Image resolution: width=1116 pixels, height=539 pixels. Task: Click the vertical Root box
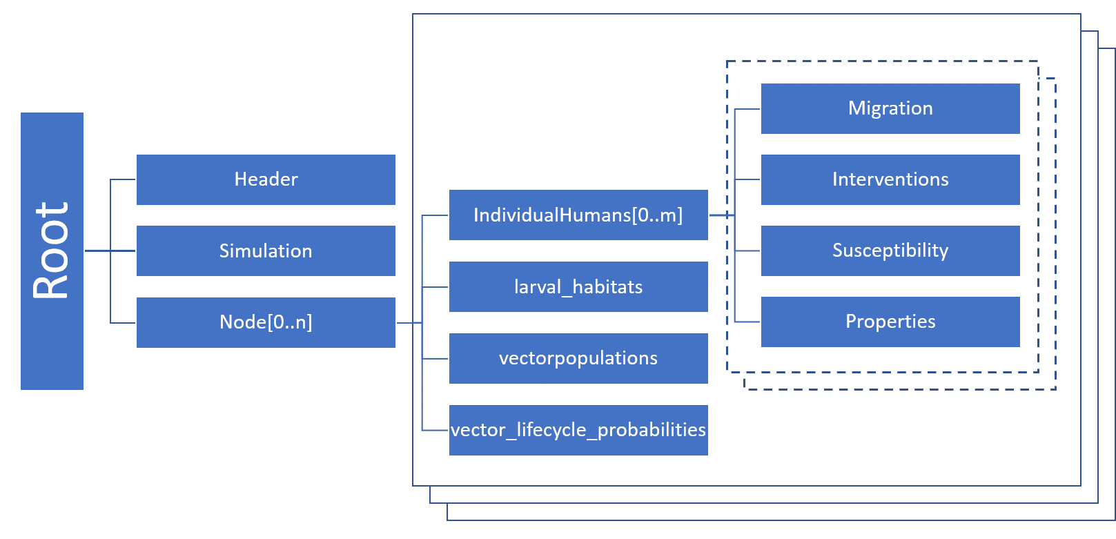pyautogui.click(x=52, y=251)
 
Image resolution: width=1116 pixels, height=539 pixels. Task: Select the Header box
pyautogui.click(x=266, y=179)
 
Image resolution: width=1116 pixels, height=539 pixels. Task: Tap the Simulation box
pyautogui.click(x=266, y=251)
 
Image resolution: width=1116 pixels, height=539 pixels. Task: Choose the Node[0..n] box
pyautogui.click(x=266, y=322)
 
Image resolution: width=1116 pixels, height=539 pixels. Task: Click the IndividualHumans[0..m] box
pyautogui.click(x=578, y=215)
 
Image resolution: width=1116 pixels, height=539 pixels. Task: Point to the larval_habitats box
pyautogui.click(x=578, y=287)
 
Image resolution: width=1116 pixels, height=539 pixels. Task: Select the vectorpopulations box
pyautogui.click(x=578, y=358)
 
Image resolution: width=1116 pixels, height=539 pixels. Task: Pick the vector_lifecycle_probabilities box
pyautogui.click(x=578, y=430)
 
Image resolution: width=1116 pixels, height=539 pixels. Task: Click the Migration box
pyautogui.click(x=890, y=108)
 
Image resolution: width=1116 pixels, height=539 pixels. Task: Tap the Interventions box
pyautogui.click(x=890, y=179)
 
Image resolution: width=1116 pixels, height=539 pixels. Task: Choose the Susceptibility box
pyautogui.click(x=890, y=251)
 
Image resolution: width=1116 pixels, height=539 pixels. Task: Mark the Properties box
pyautogui.click(x=890, y=322)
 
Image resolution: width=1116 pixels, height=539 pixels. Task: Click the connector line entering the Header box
pyautogui.click(x=123, y=179)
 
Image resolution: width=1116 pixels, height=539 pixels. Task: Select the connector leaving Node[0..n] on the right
pyautogui.click(x=409, y=322)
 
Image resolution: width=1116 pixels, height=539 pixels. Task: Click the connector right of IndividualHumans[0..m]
pyautogui.click(x=721, y=215)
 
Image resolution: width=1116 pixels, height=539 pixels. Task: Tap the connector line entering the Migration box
pyautogui.click(x=747, y=108)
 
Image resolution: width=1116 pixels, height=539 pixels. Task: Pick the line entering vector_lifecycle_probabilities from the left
pyautogui.click(x=435, y=430)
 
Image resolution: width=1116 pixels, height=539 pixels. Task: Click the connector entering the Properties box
pyautogui.click(x=747, y=322)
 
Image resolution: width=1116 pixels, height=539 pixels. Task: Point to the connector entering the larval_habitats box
pyautogui.click(x=435, y=287)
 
